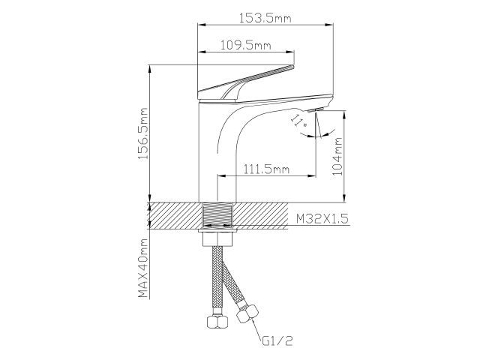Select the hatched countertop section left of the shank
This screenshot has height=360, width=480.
(x=176, y=216)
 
